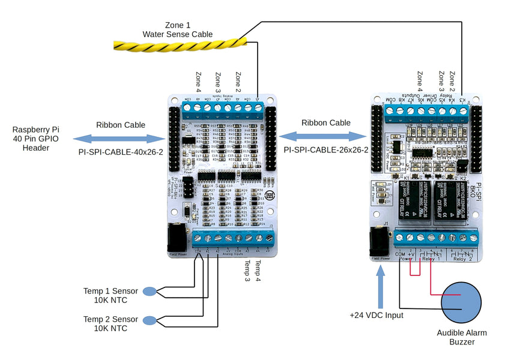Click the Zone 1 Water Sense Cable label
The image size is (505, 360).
click(177, 30)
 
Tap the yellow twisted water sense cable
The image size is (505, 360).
click(180, 44)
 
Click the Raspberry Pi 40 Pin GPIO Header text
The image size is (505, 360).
click(36, 139)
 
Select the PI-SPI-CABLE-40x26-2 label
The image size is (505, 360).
click(120, 152)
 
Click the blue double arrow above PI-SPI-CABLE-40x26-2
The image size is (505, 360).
click(119, 139)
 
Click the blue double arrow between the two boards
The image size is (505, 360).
click(325, 136)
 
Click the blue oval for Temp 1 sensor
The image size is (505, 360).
click(150, 292)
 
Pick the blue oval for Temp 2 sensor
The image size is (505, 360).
click(150, 319)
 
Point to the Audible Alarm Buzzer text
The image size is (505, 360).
click(462, 337)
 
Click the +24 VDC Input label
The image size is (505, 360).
click(377, 315)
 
